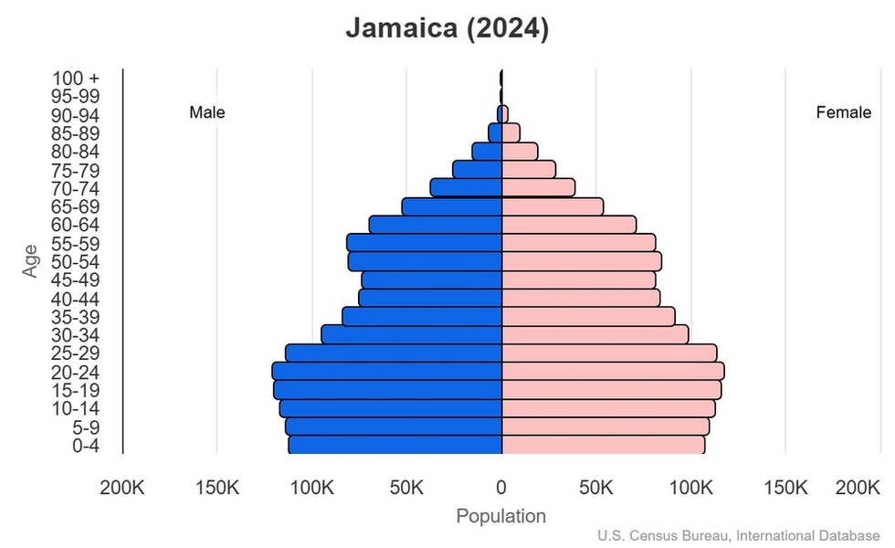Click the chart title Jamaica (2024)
pos(447,29)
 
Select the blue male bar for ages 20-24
pos(387,371)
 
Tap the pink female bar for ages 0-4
pos(603,445)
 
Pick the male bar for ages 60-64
pos(436,225)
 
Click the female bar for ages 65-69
pos(553,206)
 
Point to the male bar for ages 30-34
pos(412,334)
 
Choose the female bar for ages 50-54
pos(581,261)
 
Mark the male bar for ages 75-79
pos(478,170)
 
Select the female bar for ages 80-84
pos(520,152)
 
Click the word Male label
pos(207,112)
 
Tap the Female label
pos(843,112)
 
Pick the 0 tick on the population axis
pos(501,488)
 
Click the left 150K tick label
pos(217,488)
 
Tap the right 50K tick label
pos(595,488)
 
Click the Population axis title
pos(500,516)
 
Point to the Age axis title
pos(32,260)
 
